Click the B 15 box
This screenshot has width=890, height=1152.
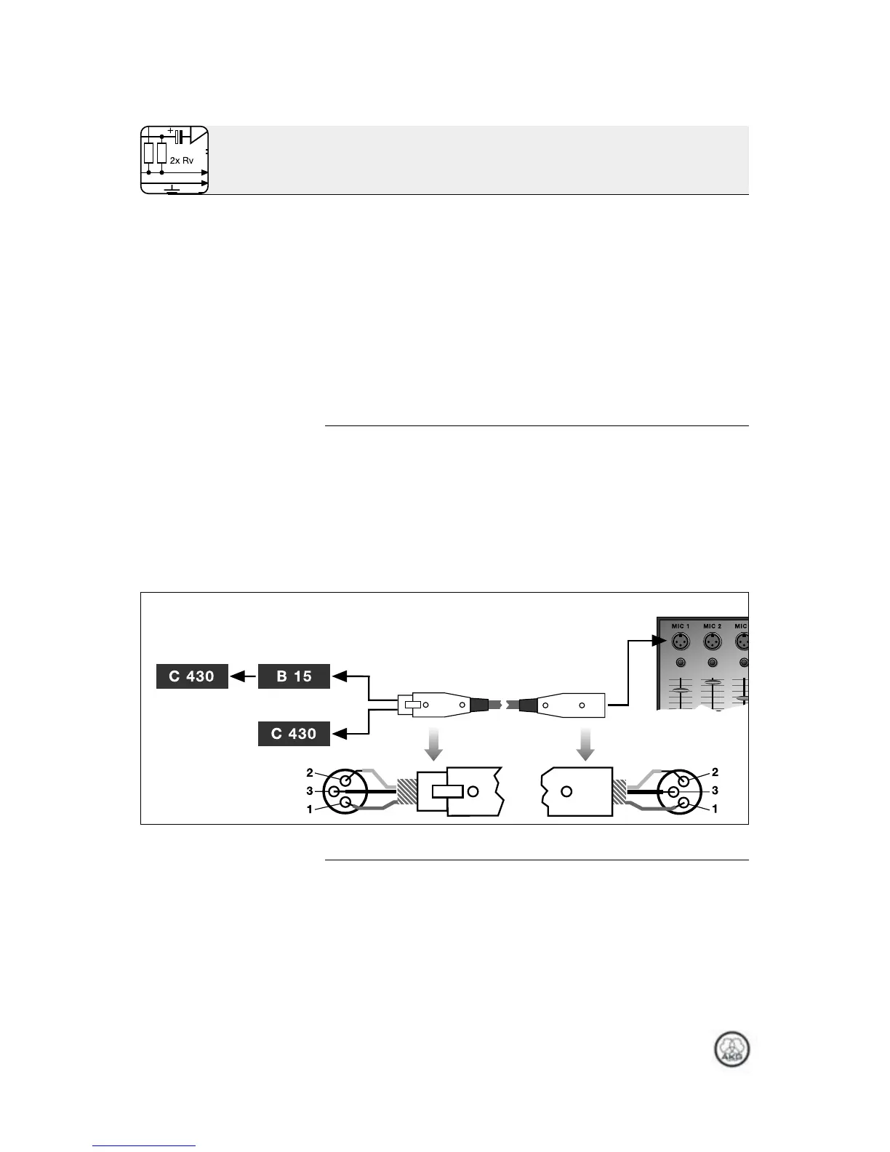tap(294, 676)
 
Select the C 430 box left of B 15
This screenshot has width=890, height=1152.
tap(192, 676)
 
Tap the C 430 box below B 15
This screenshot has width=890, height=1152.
tap(294, 734)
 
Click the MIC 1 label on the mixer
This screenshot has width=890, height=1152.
tap(680, 625)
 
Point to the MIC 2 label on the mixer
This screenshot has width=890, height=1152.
tap(713, 625)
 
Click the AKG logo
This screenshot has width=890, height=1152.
tap(731, 1051)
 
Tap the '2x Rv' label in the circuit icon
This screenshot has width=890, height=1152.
tap(182, 160)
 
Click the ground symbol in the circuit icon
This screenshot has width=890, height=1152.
tap(172, 189)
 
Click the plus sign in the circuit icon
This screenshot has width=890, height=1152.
tap(171, 132)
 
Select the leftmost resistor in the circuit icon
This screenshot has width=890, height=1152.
tap(148, 153)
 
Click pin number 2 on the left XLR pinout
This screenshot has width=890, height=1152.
tap(310, 772)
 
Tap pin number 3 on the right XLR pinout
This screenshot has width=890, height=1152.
tap(715, 790)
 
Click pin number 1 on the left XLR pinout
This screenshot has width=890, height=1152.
tap(310, 809)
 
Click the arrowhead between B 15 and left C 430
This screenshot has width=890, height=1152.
tap(236, 676)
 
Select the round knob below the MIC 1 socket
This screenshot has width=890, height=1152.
tap(680, 663)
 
